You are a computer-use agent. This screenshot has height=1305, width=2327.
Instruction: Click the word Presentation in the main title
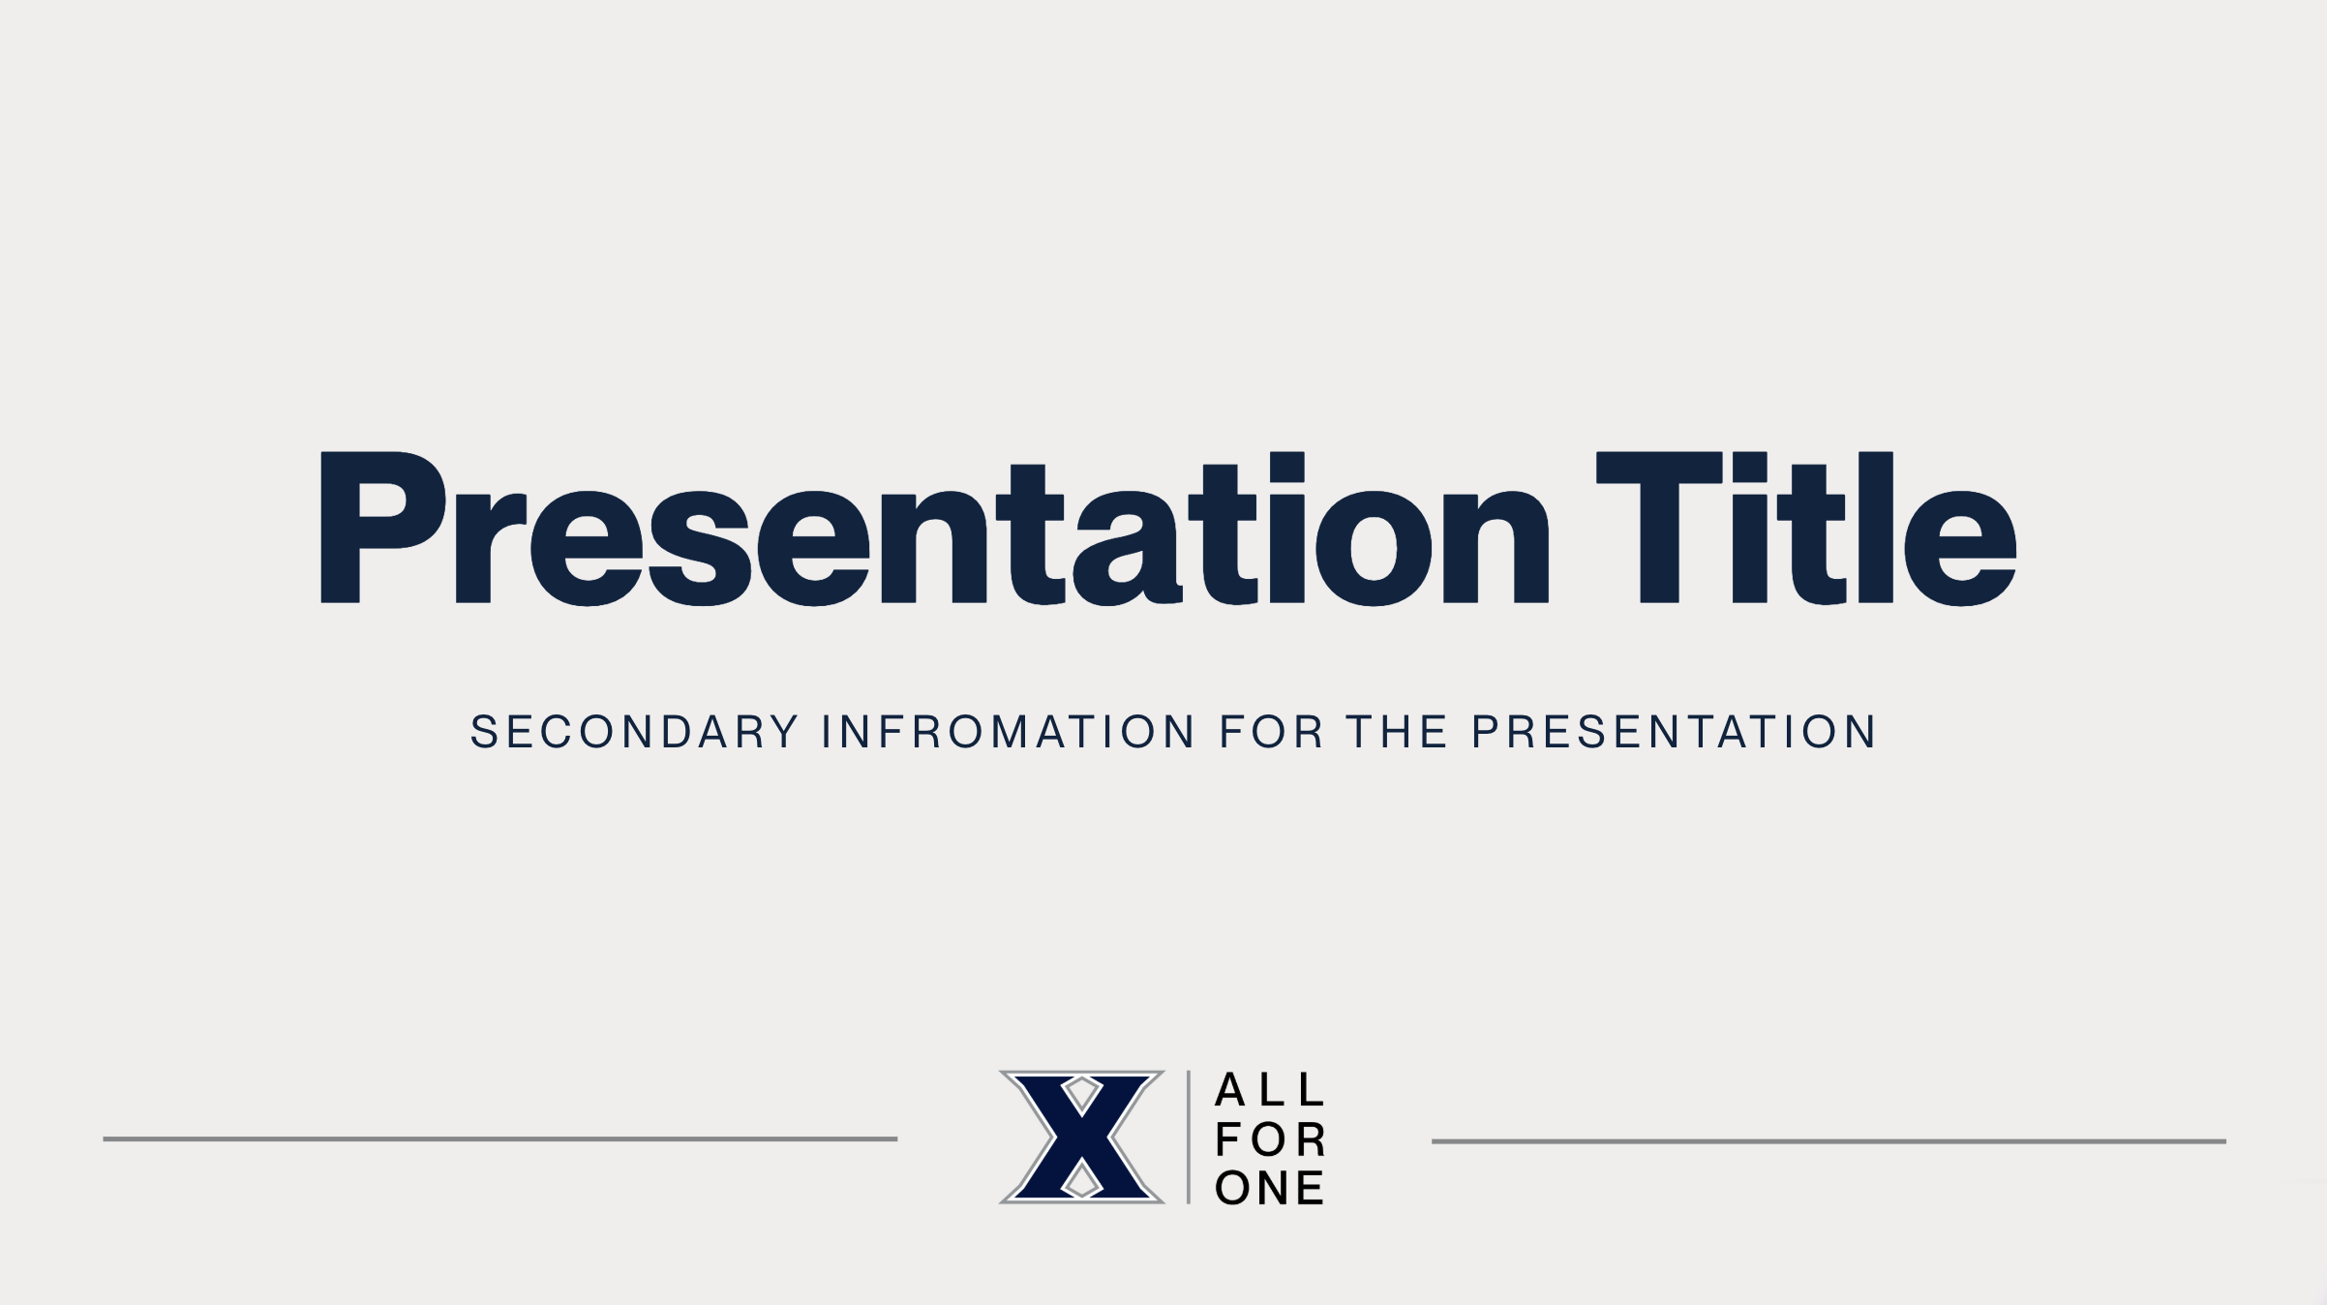pyautogui.click(x=934, y=530)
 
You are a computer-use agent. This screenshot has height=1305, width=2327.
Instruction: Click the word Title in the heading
pyautogui.click(x=1806, y=530)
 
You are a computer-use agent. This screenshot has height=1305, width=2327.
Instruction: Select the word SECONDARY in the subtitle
pyautogui.click(x=634, y=732)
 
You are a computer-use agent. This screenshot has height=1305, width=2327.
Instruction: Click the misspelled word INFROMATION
pyautogui.click(x=1008, y=732)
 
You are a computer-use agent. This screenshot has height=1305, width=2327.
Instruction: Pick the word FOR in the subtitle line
pyautogui.click(x=1270, y=732)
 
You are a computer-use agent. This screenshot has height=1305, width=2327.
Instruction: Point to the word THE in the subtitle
pyautogui.click(x=1396, y=732)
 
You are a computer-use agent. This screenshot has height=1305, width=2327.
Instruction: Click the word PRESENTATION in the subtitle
pyautogui.click(x=1674, y=732)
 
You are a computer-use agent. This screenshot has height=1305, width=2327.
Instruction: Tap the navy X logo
pyautogui.click(x=1081, y=1138)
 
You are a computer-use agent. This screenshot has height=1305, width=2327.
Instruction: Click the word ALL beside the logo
pyautogui.click(x=1269, y=1090)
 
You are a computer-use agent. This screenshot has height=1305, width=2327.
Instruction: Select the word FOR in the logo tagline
pyautogui.click(x=1269, y=1139)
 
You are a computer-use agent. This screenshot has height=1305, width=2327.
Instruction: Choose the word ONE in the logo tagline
pyautogui.click(x=1269, y=1188)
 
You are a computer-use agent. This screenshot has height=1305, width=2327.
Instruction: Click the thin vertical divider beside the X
pyautogui.click(x=1189, y=1138)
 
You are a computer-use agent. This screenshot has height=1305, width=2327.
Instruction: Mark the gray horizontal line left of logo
pyautogui.click(x=499, y=1139)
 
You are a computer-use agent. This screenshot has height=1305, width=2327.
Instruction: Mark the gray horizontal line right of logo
pyautogui.click(x=1828, y=1141)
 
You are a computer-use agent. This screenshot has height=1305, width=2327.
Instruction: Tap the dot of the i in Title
pyautogui.click(x=1750, y=467)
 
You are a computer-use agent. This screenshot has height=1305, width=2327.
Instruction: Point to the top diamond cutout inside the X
pyautogui.click(x=1081, y=1094)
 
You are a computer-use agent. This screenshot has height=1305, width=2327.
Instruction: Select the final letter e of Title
pyautogui.click(x=1960, y=549)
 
